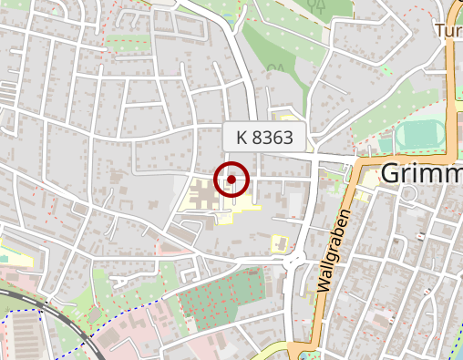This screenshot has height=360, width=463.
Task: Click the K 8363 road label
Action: point(264,139)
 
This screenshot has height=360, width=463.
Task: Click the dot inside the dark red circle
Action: point(232,180)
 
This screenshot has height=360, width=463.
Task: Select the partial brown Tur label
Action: point(449,31)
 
